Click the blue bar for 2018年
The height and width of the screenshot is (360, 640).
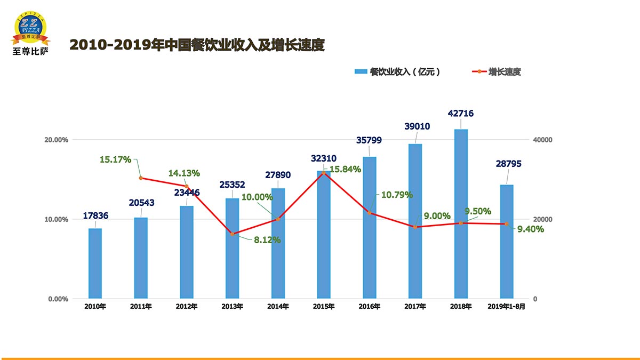pyautogui.click(x=461, y=213)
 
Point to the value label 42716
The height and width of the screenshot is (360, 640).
pyautogui.click(x=461, y=114)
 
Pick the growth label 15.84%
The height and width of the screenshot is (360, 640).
pyautogui.click(x=345, y=170)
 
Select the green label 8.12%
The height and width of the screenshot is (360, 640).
pyautogui.click(x=267, y=240)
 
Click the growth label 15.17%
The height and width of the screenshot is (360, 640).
pyautogui.click(x=115, y=159)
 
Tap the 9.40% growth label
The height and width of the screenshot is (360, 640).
pyautogui.click(x=531, y=229)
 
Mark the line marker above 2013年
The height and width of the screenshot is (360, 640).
pyautogui.click(x=232, y=234)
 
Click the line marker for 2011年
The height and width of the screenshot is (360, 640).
pyautogui.click(x=141, y=178)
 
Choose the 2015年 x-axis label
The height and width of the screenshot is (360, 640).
pyautogui.click(x=324, y=307)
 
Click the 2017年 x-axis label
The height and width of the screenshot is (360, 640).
pyautogui.click(x=415, y=307)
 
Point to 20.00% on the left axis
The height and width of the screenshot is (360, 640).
pyautogui.click(x=56, y=140)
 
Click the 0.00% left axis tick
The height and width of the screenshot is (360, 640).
pyautogui.click(x=57, y=299)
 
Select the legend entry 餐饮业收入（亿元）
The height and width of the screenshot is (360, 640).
pyautogui.click(x=398, y=72)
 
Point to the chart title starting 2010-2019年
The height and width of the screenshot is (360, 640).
pyautogui.click(x=197, y=45)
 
